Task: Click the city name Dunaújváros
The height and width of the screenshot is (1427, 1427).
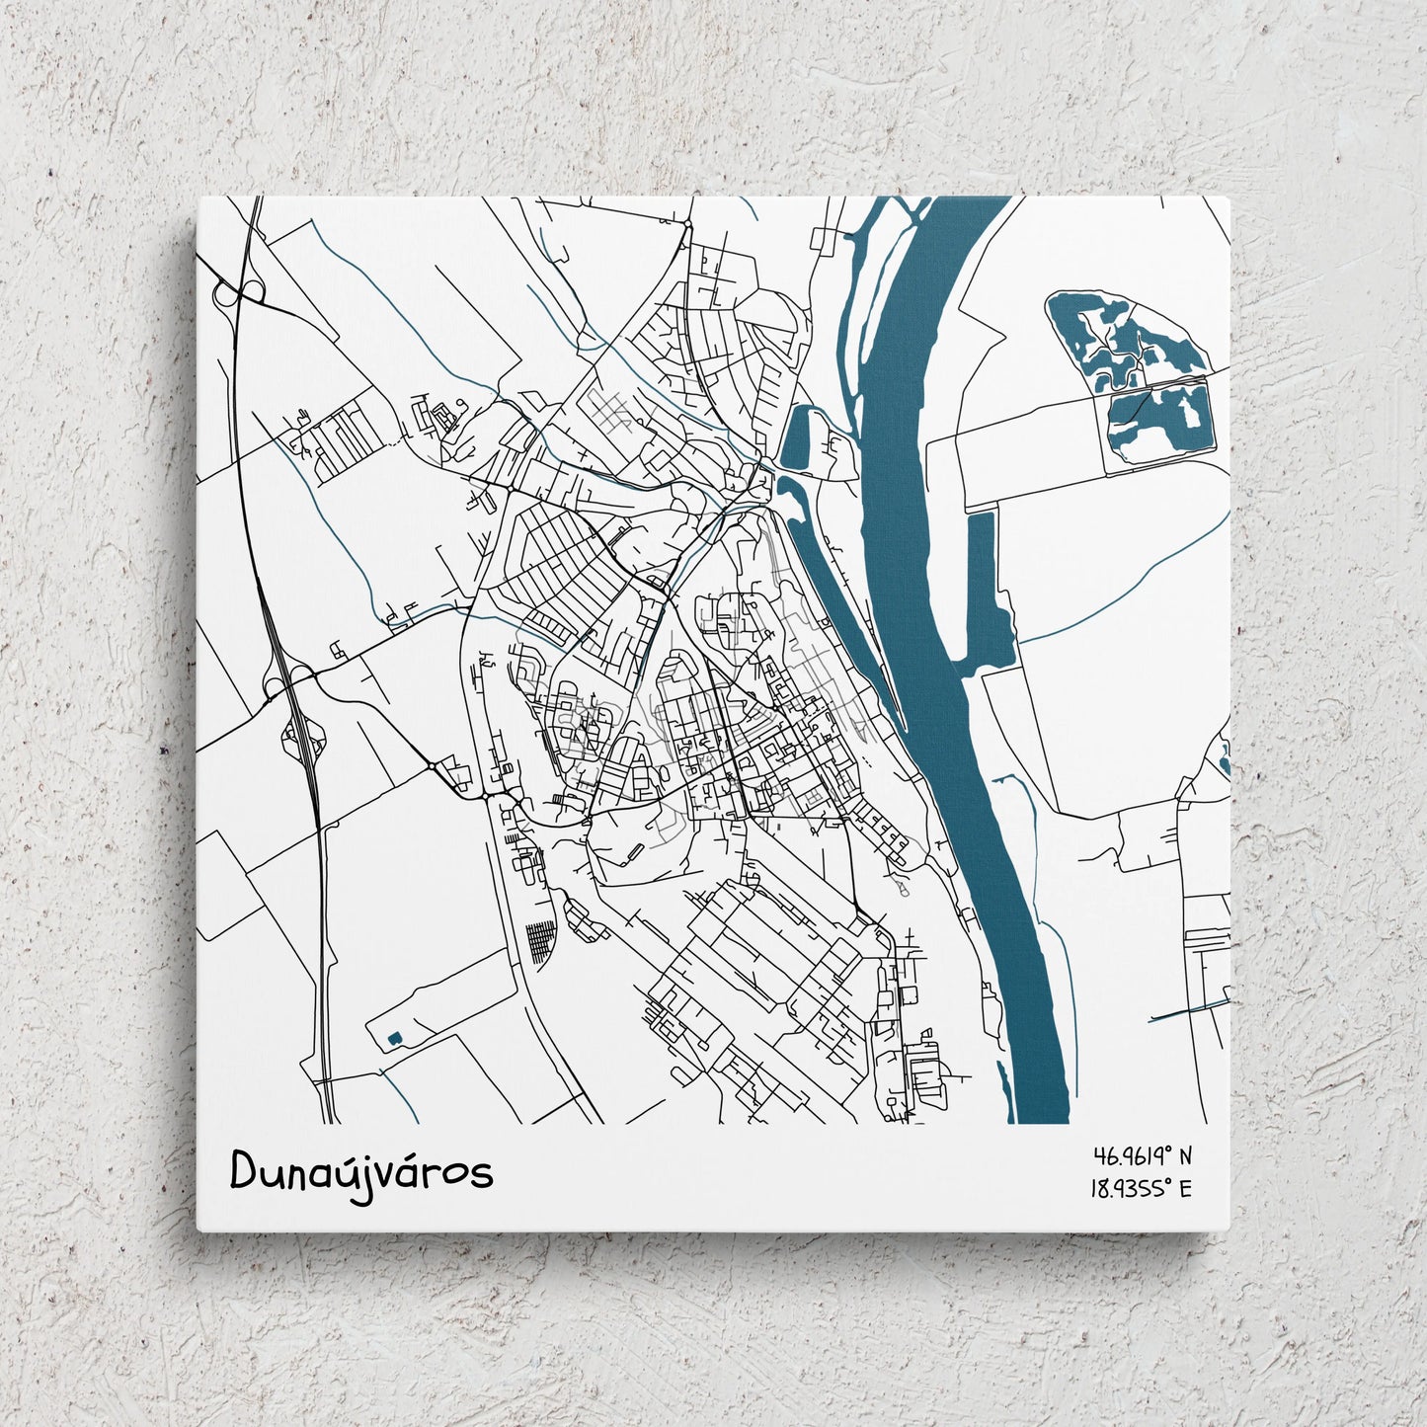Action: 361,1172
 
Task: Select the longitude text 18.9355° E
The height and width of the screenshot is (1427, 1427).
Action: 1141,1188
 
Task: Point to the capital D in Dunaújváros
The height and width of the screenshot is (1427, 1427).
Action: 244,1170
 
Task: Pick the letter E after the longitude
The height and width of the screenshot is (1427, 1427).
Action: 1185,1188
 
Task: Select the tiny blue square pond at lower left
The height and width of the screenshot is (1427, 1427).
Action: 394,1037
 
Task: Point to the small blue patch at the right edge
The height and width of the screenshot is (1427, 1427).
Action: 1226,755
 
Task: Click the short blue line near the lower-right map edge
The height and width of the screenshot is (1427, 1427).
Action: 1190,1009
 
